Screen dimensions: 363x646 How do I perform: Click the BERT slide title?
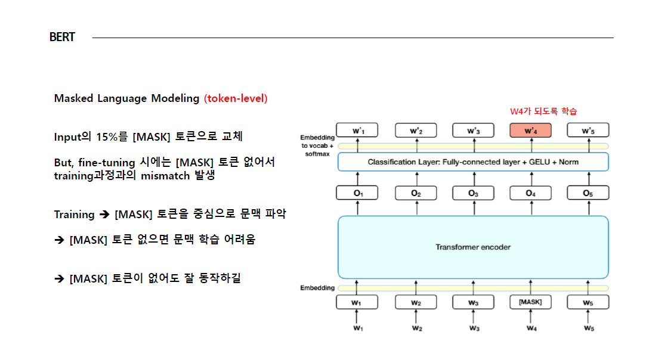pyautogui.click(x=62, y=38)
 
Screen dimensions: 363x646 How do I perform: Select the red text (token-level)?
pyautogui.click(x=236, y=98)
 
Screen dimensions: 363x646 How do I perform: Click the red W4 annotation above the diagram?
pyautogui.click(x=543, y=111)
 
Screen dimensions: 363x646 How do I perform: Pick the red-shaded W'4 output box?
pyautogui.click(x=530, y=131)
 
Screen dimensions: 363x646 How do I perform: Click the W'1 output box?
pyautogui.click(x=357, y=131)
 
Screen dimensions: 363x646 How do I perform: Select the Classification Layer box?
pyautogui.click(x=472, y=162)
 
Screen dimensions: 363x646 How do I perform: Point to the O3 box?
pyautogui.click(x=472, y=193)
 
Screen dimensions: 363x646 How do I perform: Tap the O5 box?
pyautogui.click(x=588, y=193)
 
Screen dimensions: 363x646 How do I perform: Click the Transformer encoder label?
pyautogui.click(x=472, y=247)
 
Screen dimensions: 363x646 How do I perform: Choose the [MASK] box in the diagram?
pyautogui.click(x=530, y=302)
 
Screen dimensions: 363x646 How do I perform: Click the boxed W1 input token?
pyautogui.click(x=357, y=303)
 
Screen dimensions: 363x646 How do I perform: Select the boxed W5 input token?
pyautogui.click(x=588, y=303)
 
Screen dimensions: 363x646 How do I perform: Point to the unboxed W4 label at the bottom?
pyautogui.click(x=530, y=328)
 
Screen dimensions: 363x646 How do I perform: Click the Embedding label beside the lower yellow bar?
pyautogui.click(x=317, y=288)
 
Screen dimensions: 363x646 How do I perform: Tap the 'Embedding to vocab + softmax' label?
pyautogui.click(x=317, y=145)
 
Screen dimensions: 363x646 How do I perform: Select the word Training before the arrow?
pyautogui.click(x=74, y=215)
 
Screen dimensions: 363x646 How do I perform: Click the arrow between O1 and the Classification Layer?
pyautogui.click(x=357, y=178)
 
